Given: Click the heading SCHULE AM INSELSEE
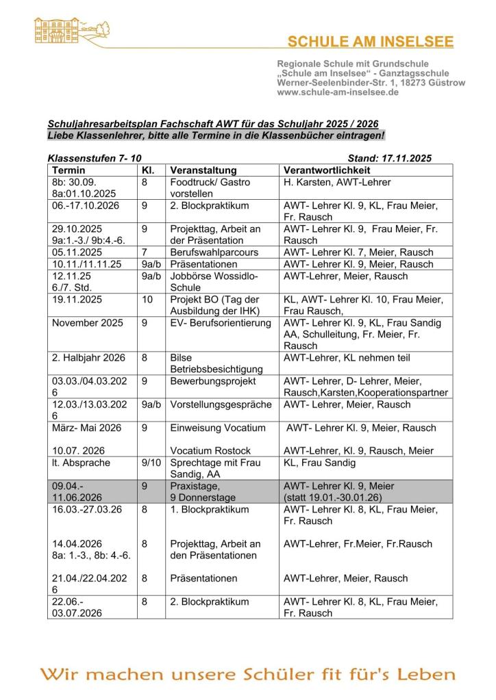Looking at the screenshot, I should (x=370, y=42).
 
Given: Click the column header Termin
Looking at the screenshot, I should (x=69, y=170).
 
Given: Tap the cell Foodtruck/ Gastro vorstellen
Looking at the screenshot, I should (x=210, y=188).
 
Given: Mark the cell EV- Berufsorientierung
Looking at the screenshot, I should (x=221, y=323).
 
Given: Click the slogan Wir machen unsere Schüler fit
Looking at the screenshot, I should (x=247, y=675).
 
